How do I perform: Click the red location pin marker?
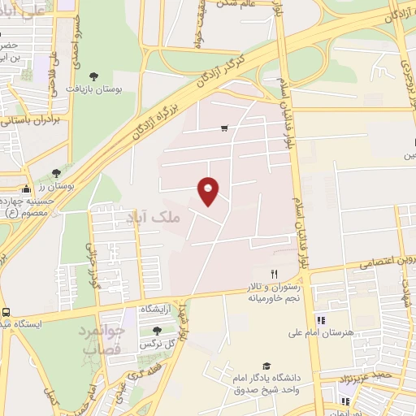[209, 190]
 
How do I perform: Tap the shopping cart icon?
[224, 128]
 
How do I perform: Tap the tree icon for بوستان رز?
[55, 173]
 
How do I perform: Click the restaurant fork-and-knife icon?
[274, 275]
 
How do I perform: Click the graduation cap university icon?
[266, 366]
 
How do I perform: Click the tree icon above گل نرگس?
[157, 331]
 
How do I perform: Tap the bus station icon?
[6, 313]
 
